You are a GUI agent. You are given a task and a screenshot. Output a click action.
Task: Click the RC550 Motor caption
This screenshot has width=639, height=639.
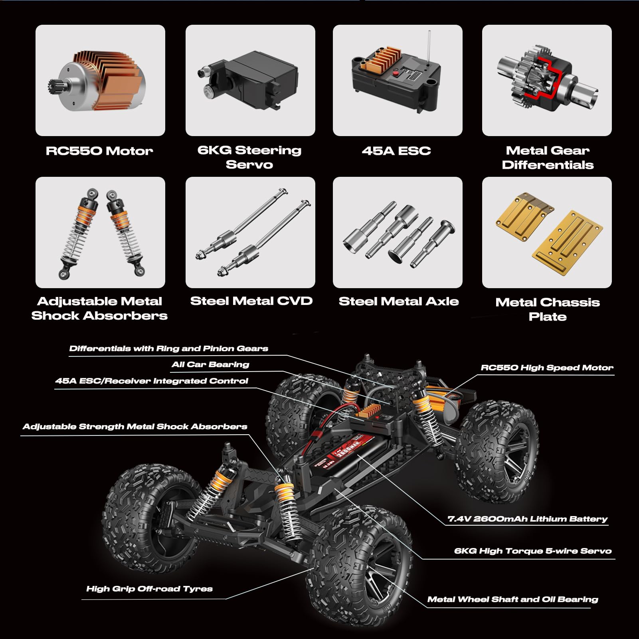click(x=99, y=151)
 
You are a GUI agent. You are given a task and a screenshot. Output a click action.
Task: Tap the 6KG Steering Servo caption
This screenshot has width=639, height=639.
click(x=249, y=157)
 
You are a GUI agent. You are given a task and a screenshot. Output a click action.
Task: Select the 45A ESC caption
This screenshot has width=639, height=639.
click(x=396, y=151)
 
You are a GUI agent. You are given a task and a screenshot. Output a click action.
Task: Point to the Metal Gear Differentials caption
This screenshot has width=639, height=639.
click(x=548, y=158)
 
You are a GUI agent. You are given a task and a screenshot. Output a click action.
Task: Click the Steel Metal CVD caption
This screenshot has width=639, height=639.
click(x=251, y=301)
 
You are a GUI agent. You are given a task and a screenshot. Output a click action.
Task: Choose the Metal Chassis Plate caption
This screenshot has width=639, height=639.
click(x=548, y=309)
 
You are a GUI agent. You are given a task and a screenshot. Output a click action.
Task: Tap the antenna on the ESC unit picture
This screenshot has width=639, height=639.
click(x=429, y=47)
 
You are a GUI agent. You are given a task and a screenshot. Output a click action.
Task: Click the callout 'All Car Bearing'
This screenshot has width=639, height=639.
click(x=210, y=364)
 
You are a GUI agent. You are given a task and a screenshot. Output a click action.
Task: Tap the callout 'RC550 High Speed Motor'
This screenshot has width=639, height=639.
click(x=547, y=368)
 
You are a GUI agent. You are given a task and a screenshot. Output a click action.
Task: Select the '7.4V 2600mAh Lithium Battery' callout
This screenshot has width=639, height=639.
click(x=528, y=519)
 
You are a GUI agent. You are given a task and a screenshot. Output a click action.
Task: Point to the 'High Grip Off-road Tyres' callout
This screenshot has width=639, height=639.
click(x=149, y=589)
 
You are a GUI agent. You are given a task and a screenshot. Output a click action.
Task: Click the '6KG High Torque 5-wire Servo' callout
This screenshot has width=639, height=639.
click(x=533, y=551)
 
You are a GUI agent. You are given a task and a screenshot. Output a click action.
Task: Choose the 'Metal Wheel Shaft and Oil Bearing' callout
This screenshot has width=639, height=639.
click(x=512, y=599)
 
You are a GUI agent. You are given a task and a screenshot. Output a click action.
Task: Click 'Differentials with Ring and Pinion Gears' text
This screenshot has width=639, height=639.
click(x=168, y=348)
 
